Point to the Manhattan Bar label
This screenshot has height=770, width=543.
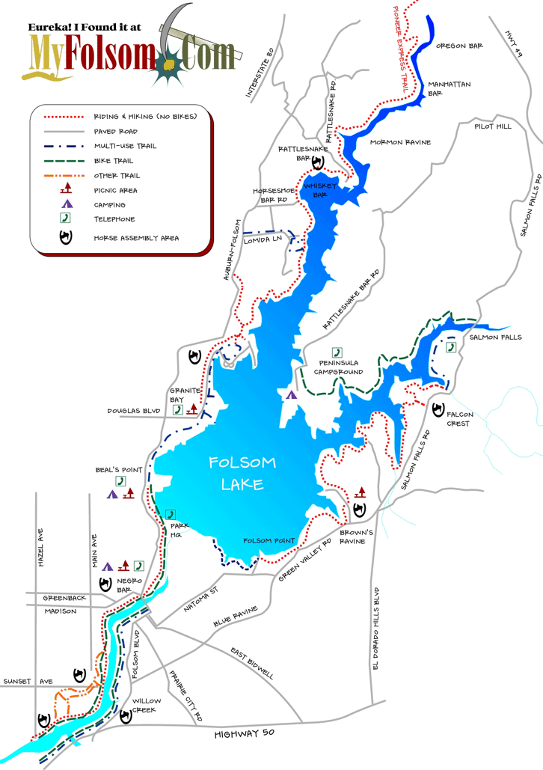tap(449, 89)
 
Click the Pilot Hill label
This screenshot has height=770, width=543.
tap(493, 126)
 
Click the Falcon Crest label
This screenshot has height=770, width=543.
tap(458, 419)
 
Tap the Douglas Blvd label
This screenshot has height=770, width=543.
tap(134, 411)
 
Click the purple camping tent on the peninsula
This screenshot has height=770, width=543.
tap(291, 394)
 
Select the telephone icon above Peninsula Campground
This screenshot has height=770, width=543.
tap(337, 352)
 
